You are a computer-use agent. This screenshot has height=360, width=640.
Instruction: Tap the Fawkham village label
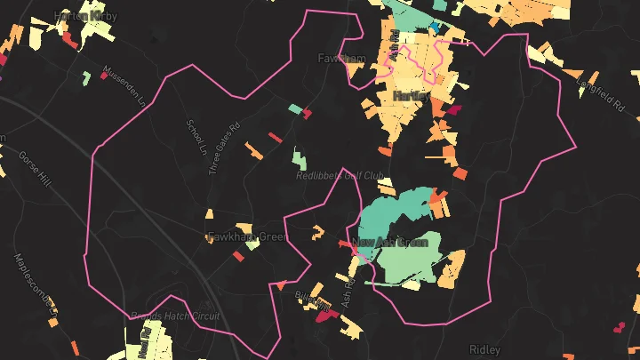pyautogui.click(x=341, y=59)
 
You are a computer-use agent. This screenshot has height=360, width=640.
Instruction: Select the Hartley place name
pyautogui.click(x=410, y=95)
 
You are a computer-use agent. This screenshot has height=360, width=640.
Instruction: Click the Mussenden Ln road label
pyautogui.click(x=123, y=86)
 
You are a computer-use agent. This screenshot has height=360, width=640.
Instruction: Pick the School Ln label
pyautogui.click(x=195, y=136)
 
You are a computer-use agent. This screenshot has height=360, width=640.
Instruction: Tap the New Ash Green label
pyautogui.click(x=391, y=242)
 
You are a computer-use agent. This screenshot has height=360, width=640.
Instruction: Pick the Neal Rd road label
pyautogui.click(x=143, y=342)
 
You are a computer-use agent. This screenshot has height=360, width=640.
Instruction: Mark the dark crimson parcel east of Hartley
pyautogui.click(x=453, y=111)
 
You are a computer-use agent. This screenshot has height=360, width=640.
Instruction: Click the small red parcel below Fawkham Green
pyautogui.click(x=238, y=256)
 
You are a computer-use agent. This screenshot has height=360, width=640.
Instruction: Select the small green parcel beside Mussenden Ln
pyautogui.click(x=86, y=78)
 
